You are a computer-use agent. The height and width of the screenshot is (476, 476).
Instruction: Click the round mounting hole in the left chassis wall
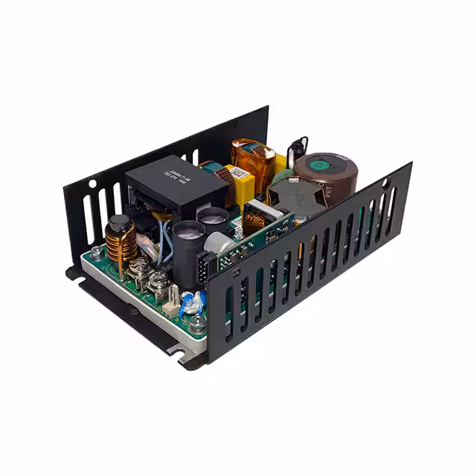coord(91,182)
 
